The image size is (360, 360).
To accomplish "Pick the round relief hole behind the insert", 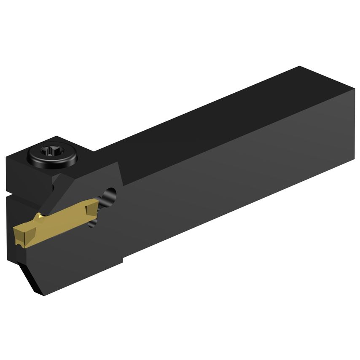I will [x=112, y=196].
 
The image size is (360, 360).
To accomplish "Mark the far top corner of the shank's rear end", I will [x=300, y=67].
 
